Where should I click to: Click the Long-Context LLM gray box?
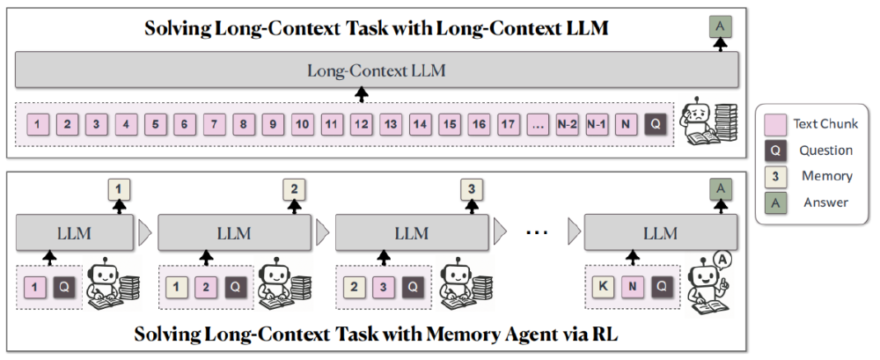pos(376,70)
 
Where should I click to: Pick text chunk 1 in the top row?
pos(38,126)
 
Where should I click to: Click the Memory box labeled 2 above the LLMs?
pos(294,188)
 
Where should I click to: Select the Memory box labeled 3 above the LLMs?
pos(472,188)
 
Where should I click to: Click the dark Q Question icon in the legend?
pos(774,151)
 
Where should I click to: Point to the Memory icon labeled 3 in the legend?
pos(774,176)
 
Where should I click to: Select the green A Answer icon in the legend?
pos(774,202)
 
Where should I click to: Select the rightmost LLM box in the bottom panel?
pos(660,234)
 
